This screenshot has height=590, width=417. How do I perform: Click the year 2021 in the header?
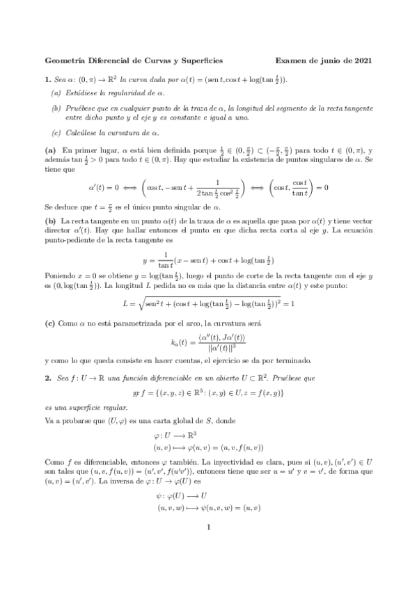361,61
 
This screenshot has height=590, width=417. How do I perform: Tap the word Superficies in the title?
201,61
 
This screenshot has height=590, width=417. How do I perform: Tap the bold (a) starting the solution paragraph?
50,150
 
